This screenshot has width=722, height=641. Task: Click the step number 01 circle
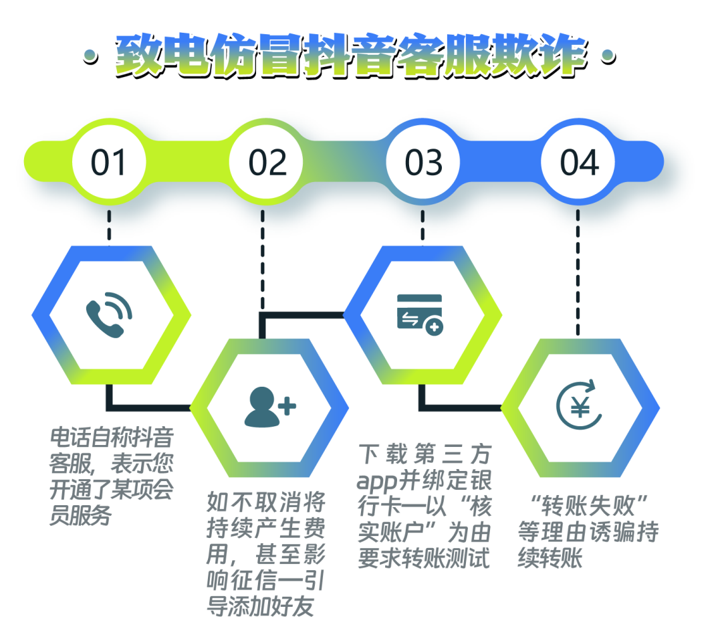click(x=109, y=163)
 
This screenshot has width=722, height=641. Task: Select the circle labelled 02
click(x=267, y=163)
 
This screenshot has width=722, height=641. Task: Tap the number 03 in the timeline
click(x=424, y=163)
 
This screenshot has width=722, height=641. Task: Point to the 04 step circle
click(x=579, y=163)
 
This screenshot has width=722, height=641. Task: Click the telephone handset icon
click(x=109, y=314)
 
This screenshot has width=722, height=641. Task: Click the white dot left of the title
click(x=88, y=54)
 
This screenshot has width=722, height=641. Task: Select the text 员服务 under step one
click(x=80, y=516)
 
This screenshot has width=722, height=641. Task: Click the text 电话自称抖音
click(x=112, y=438)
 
